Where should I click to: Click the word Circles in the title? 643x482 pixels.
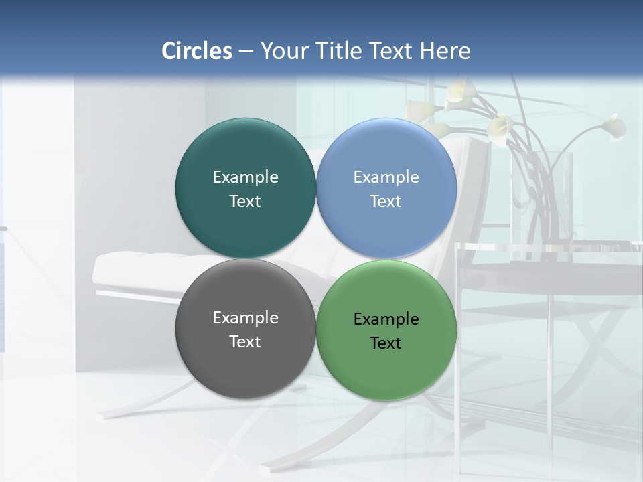[197, 51]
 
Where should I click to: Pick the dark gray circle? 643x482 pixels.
[245, 365]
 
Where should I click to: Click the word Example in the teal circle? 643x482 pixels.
[245, 177]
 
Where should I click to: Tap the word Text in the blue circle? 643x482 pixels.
[386, 202]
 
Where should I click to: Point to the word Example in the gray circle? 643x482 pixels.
[245, 318]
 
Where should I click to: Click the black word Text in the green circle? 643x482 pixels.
[386, 343]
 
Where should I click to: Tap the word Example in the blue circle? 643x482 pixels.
[386, 177]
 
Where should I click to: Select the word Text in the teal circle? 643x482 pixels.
[245, 202]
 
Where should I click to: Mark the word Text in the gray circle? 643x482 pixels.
[245, 342]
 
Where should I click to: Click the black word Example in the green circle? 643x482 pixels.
[386, 319]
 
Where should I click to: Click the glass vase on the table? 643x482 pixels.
[543, 201]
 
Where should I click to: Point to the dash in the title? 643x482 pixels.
[246, 52]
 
